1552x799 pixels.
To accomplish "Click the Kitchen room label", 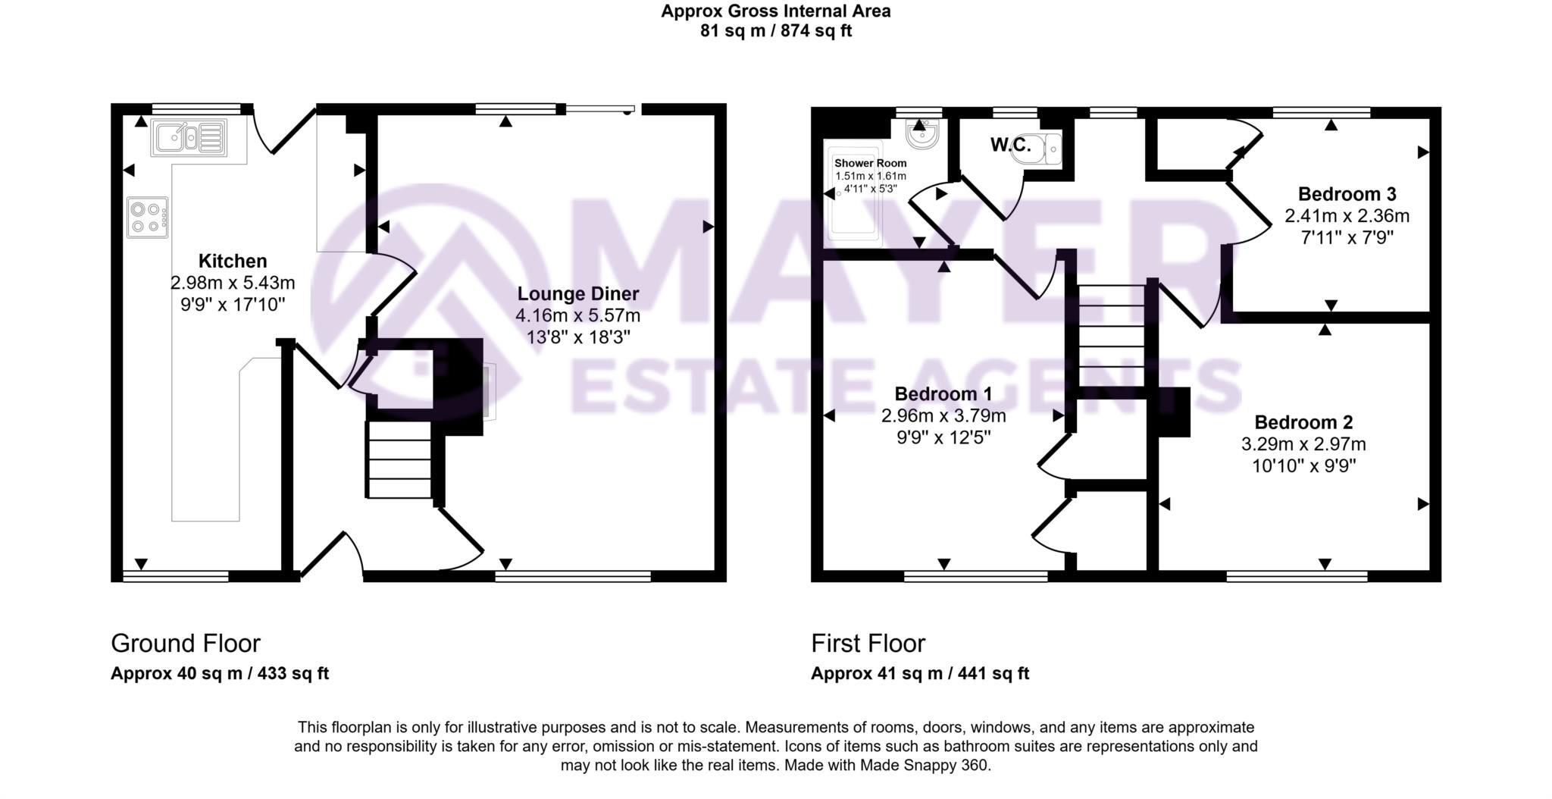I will pyautogui.click(x=233, y=262).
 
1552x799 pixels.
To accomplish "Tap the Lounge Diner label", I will pyautogui.click(x=578, y=294).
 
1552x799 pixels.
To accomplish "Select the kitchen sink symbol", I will pyautogui.click(x=189, y=138).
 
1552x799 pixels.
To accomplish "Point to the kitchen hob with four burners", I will pyautogui.click(x=148, y=217).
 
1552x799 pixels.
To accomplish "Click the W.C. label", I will pyautogui.click(x=1011, y=146).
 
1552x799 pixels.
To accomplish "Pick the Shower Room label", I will pyautogui.click(x=870, y=163).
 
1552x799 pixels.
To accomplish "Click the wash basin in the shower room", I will pyautogui.click(x=923, y=135).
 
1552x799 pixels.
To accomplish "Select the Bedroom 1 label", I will pyautogui.click(x=943, y=394).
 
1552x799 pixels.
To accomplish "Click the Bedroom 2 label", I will pyautogui.click(x=1303, y=422).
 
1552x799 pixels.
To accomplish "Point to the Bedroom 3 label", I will pyautogui.click(x=1347, y=194).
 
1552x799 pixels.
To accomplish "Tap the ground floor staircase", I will pyautogui.click(x=399, y=459).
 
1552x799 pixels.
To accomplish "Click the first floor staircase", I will pyautogui.click(x=1111, y=335).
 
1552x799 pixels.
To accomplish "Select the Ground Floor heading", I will pyautogui.click(x=186, y=644).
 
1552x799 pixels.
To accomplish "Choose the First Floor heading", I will pyautogui.click(x=868, y=644).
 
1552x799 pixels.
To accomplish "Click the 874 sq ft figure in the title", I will pyautogui.click(x=817, y=32).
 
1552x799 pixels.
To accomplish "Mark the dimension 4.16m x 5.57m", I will pyautogui.click(x=578, y=315).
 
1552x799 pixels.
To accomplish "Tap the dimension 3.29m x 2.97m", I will pyautogui.click(x=1303, y=444).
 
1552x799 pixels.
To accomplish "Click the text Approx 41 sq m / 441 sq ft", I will pyautogui.click(x=920, y=673).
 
